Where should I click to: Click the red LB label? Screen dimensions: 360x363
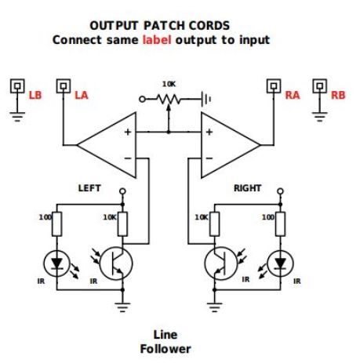tap(35, 95)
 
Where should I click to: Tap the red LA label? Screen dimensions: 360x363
tap(82, 95)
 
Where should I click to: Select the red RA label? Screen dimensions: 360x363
tap(293, 95)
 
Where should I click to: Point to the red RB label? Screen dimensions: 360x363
tap(338, 95)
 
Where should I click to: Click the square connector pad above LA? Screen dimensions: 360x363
tap(64, 86)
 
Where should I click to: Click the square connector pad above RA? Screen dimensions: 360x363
tap(274, 86)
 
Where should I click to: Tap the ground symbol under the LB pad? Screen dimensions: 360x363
tap(17, 117)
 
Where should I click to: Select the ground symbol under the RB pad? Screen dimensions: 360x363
tap(319, 117)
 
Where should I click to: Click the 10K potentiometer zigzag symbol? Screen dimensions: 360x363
tap(169, 100)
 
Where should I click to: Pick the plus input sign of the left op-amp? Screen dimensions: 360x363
tap(128, 132)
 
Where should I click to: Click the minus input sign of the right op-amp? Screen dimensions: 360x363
tap(209, 158)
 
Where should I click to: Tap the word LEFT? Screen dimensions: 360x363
tap(89, 188)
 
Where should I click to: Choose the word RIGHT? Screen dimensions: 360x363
tap(247, 188)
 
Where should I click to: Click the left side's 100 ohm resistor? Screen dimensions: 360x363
tap(57, 224)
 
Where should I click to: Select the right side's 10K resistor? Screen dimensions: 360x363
tap(214, 224)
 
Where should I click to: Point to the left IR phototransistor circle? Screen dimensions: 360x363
tap(116, 263)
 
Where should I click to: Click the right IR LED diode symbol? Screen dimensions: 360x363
tap(280, 263)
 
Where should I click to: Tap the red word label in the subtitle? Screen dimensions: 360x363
tap(157, 40)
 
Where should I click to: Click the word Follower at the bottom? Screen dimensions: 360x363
tap(165, 349)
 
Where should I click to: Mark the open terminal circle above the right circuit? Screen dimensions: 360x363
tap(280, 191)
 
